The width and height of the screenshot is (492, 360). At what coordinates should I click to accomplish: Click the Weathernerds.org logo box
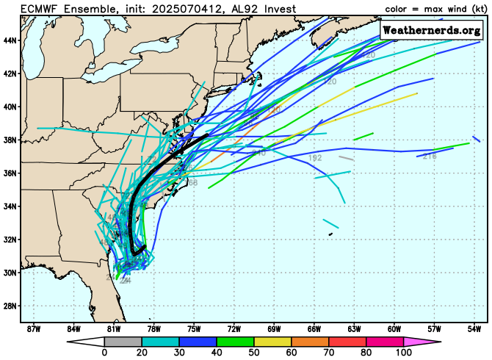coord(431,30)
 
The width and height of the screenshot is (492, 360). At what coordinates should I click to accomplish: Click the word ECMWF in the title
coord(38,9)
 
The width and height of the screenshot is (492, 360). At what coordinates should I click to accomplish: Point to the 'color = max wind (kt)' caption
coord(434,9)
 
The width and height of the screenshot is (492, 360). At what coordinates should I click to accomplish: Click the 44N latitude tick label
coord(10,40)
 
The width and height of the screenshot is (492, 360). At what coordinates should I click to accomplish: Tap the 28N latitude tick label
coord(10,306)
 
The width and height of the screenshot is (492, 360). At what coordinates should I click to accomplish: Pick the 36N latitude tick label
coord(10,173)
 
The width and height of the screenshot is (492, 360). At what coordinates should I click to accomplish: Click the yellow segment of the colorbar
coord(272,342)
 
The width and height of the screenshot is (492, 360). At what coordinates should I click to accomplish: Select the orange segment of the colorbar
coord(310,342)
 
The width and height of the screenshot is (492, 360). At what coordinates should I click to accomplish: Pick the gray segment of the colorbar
coord(123,342)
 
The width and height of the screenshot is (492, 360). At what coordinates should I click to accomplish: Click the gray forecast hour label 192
coord(316,158)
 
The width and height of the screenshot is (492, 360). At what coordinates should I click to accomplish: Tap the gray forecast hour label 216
coord(430,156)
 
